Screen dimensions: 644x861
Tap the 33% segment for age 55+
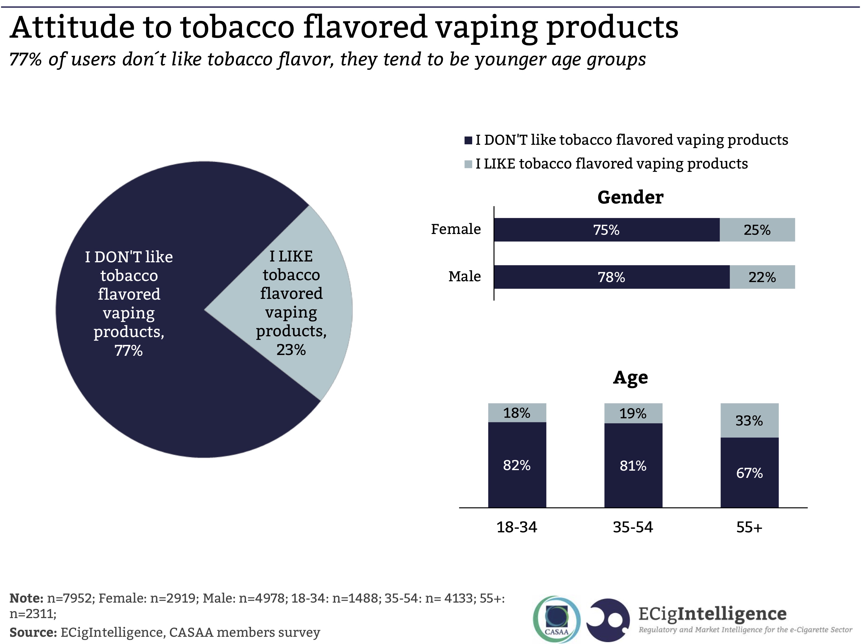pos(749,420)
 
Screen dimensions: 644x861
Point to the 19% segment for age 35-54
pos(633,413)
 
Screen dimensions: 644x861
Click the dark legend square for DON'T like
pos(468,140)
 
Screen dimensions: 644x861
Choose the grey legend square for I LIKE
pos(468,164)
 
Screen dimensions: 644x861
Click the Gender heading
pos(630,197)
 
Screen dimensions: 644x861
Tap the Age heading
pos(630,377)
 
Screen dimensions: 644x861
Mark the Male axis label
pos(464,276)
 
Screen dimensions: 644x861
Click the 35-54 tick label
pos(633,527)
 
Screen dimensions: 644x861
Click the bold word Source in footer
pos(33,632)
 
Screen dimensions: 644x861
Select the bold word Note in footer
pos(26,598)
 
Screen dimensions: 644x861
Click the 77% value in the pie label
pos(128,350)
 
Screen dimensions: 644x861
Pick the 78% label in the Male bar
pos(611,277)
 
